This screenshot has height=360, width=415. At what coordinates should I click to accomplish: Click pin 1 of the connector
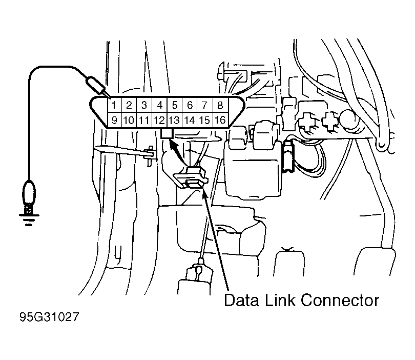click(x=114, y=105)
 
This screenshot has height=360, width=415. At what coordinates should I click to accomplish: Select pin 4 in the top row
click(x=159, y=105)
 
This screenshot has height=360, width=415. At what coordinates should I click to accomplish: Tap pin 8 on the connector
click(x=220, y=105)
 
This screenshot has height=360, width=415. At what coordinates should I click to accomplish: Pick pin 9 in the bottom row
click(x=114, y=121)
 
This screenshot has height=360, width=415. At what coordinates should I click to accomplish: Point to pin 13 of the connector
click(x=174, y=121)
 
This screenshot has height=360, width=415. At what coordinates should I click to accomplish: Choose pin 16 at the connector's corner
click(x=220, y=121)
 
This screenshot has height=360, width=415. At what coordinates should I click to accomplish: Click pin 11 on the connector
click(x=144, y=121)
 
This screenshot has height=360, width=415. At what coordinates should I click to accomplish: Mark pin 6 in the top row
click(x=190, y=105)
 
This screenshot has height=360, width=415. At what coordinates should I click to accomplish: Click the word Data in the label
click(x=241, y=301)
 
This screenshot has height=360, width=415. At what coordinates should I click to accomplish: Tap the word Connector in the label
click(x=340, y=301)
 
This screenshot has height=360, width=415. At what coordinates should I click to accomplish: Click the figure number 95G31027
click(x=50, y=317)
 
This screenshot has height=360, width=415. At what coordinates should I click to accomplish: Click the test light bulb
click(x=29, y=193)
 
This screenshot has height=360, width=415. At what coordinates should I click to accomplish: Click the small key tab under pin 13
click(x=167, y=133)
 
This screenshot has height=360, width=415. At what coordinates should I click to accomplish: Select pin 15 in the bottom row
click(x=204, y=121)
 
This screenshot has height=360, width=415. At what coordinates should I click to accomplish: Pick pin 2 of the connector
click(x=129, y=105)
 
